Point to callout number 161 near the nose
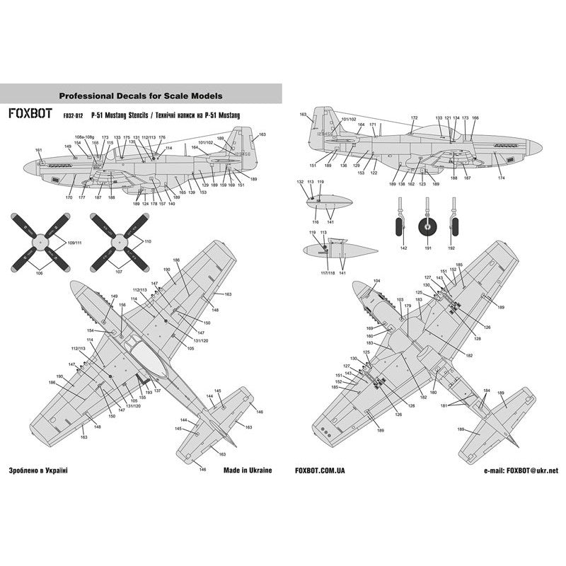tap(38, 150)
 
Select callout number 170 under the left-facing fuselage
tap(69, 198)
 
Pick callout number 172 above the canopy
tap(415, 117)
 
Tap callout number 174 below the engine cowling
tap(502, 178)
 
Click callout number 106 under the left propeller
tap(40, 272)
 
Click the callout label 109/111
tap(74, 243)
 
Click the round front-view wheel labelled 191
tap(426, 228)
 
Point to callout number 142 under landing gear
tap(403, 249)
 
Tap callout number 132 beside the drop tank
tap(300, 182)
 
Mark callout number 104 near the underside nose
tap(377, 281)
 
